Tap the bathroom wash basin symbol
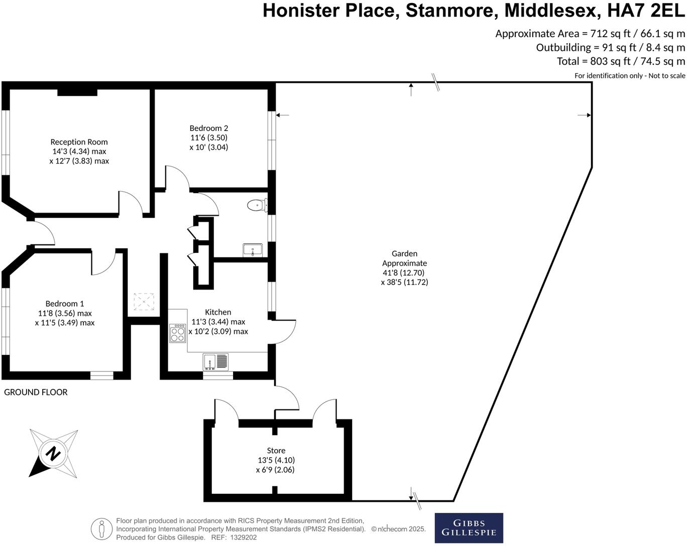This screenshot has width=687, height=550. (252, 249)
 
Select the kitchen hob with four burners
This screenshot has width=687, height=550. (177, 333)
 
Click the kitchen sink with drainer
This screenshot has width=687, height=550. (215, 361)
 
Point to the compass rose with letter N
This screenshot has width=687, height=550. (53, 454)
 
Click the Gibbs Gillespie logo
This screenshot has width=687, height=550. (469, 528)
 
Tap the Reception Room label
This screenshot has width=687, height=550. (79, 142)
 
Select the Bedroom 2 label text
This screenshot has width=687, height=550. (208, 128)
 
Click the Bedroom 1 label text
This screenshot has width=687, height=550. (64, 304)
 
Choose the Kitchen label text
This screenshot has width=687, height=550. (218, 312)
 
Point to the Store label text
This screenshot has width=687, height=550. (276, 451)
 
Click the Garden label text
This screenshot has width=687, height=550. (404, 254)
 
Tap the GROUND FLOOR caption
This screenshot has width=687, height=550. (36, 392)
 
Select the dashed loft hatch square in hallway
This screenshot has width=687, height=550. (144, 302)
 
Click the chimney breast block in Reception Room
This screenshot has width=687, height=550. (77, 92)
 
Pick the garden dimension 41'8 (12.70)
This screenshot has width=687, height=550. (403, 273)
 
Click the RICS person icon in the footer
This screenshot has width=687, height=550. (101, 529)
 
